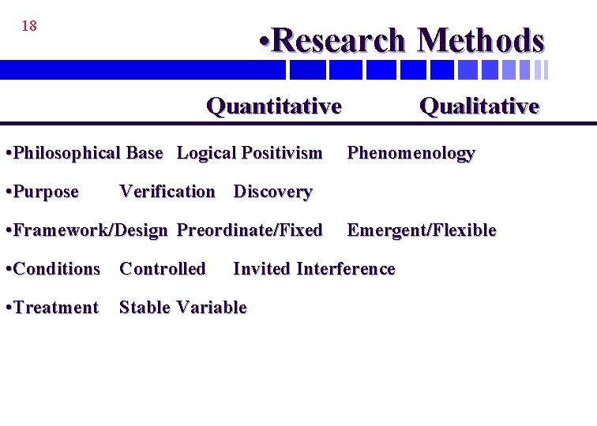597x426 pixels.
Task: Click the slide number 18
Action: (x=29, y=26)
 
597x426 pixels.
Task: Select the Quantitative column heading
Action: (x=273, y=106)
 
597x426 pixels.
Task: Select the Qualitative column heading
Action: (x=479, y=106)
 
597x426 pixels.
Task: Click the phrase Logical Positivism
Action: (x=250, y=153)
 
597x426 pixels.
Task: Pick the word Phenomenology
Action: (x=411, y=153)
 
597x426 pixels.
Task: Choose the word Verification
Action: (x=167, y=192)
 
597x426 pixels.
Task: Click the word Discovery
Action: (x=272, y=192)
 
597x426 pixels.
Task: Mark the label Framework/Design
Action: (x=91, y=230)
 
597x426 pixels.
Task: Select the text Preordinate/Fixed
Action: (x=250, y=230)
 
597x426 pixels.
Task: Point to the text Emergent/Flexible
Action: (x=422, y=230)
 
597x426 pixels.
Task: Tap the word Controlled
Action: (x=162, y=269)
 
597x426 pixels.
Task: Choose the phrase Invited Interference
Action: (x=314, y=269)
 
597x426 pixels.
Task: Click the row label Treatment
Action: (x=56, y=308)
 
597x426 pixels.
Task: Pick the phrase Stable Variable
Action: (x=182, y=308)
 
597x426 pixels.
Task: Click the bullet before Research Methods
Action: (x=265, y=40)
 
